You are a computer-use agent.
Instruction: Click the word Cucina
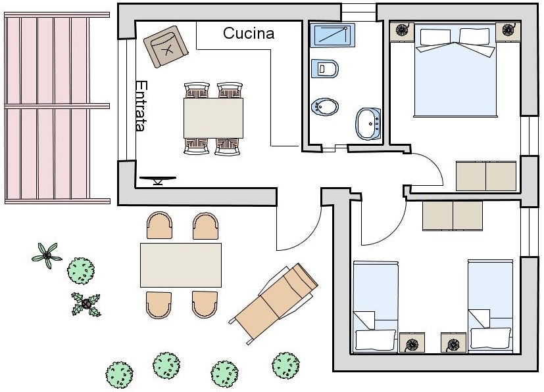click(x=249, y=33)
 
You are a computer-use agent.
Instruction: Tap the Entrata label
click(x=141, y=106)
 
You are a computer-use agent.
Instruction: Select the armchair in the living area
click(x=166, y=47)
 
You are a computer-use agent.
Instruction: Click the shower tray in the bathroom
click(x=332, y=35)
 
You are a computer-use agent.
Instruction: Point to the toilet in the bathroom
click(x=325, y=68)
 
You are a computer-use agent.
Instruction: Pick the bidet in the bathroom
click(x=325, y=106)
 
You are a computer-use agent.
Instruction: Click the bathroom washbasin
click(x=368, y=124)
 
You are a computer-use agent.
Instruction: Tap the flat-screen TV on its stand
click(x=158, y=180)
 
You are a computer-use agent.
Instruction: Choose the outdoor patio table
click(x=181, y=265)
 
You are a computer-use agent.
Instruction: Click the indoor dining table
click(x=213, y=118)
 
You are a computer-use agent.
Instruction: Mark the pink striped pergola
click(x=57, y=108)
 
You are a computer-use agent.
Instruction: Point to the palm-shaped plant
click(x=47, y=255)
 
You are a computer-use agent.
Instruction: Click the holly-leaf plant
click(x=86, y=305)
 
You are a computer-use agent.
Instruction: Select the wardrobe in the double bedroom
click(x=486, y=176)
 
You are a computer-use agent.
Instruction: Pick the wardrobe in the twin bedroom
click(x=453, y=216)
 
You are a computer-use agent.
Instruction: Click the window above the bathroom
click(x=359, y=12)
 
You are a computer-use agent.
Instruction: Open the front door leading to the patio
click(x=299, y=229)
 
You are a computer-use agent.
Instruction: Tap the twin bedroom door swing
click(x=383, y=223)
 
